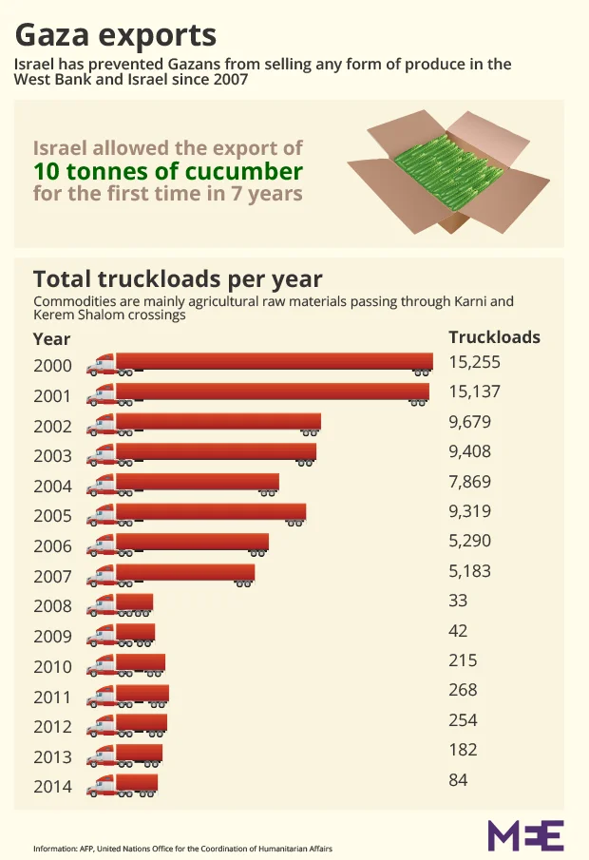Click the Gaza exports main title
tap(115, 35)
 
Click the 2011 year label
tap(52, 698)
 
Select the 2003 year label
tap(52, 456)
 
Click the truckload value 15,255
tap(474, 362)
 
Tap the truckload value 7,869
tap(469, 482)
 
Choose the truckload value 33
tap(458, 601)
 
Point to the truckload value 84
tap(458, 780)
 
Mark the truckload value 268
tap(463, 690)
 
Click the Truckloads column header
tap(494, 337)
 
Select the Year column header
tap(51, 339)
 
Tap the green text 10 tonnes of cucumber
tap(168, 172)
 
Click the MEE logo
tap(525, 834)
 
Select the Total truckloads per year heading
tap(178, 279)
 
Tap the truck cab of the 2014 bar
tap(103, 786)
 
